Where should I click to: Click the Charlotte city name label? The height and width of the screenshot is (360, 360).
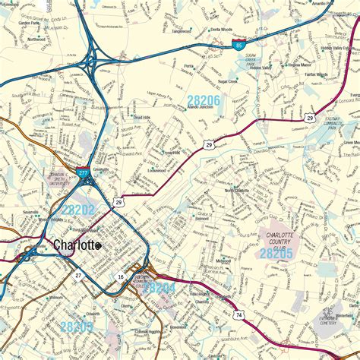click(x=74, y=245)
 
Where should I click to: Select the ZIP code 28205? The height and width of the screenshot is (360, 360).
click(x=276, y=254)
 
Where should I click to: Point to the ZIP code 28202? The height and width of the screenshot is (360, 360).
click(x=78, y=209)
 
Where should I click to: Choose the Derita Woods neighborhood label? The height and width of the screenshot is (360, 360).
click(x=221, y=29)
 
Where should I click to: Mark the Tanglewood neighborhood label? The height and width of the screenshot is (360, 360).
click(x=181, y=32)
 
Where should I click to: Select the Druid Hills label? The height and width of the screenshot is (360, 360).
click(x=142, y=118)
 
